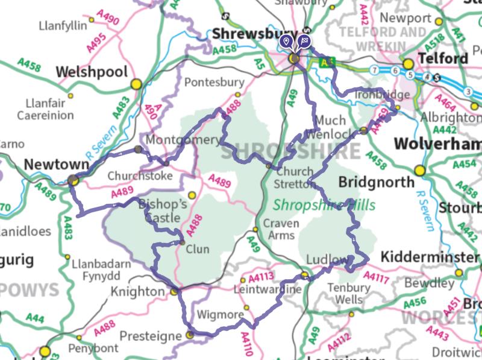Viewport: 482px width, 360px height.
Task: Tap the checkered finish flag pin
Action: click(305, 42)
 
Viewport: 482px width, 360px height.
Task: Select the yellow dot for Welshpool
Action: click(137, 83)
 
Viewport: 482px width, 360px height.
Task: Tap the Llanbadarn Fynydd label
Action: click(96, 269)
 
